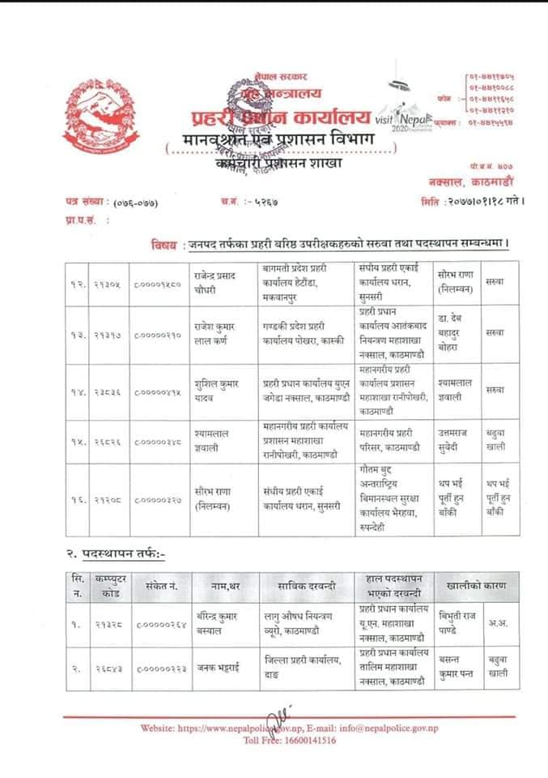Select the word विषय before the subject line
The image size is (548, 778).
click(x=164, y=243)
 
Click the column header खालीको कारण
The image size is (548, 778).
click(x=473, y=584)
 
